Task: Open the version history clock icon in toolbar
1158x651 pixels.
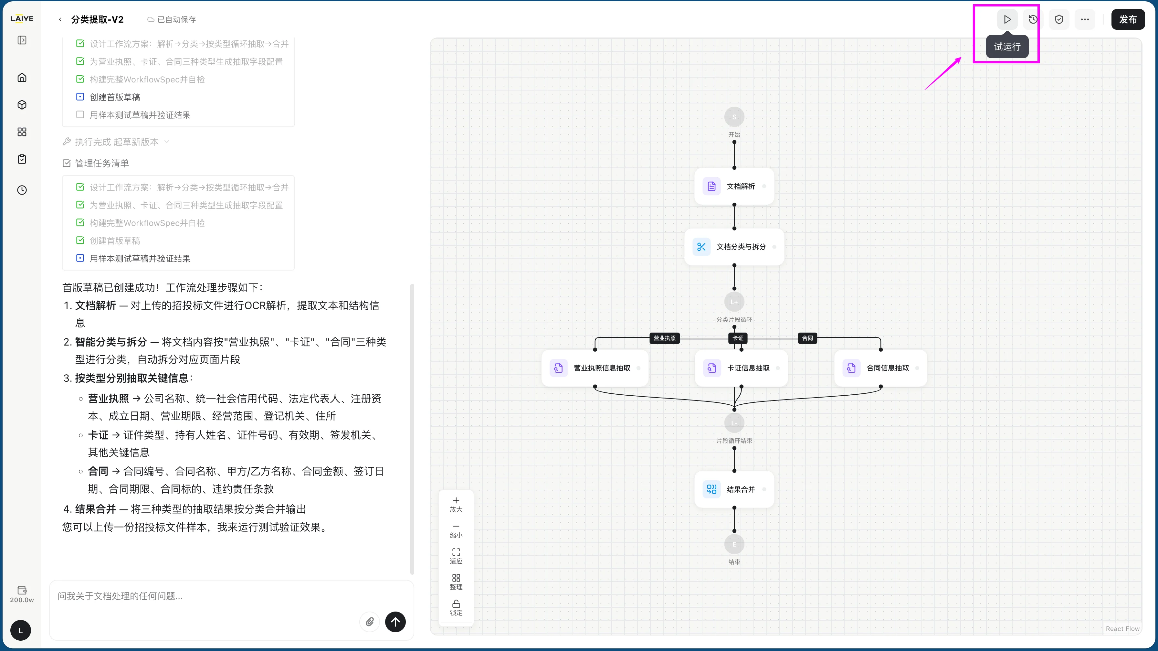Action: pos(1033,19)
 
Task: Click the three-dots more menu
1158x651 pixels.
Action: pos(1085,19)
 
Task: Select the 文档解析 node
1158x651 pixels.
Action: pos(734,186)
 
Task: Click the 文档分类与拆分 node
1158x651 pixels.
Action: pos(734,247)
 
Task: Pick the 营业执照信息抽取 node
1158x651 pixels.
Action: pos(595,368)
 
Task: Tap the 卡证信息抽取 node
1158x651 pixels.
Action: pos(741,368)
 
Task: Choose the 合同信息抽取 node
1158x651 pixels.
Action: pos(881,368)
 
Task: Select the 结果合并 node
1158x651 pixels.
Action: pos(734,489)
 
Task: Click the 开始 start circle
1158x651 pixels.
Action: pos(734,117)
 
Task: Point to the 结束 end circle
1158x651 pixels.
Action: pos(734,544)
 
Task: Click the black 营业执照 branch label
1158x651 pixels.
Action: pos(664,338)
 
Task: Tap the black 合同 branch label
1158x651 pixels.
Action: pos(807,338)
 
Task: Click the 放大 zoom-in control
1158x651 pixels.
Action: pos(456,505)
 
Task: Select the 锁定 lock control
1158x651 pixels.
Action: pos(456,608)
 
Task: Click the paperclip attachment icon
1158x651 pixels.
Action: pos(370,622)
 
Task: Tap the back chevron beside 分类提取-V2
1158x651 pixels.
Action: pos(60,19)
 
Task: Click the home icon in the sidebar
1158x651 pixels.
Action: pos(22,77)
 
